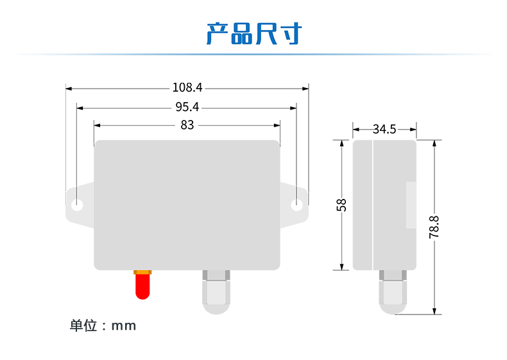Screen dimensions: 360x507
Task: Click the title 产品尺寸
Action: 253,34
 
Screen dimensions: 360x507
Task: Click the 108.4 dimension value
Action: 187,88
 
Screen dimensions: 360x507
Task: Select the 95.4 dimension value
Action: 187,107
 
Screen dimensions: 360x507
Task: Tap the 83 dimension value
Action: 187,125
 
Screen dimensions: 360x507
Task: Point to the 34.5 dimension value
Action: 384,129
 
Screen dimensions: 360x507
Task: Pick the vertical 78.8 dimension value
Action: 434,227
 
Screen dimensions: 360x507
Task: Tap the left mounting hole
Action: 78,205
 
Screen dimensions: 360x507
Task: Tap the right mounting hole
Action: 296,205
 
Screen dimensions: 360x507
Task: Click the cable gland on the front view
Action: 216,292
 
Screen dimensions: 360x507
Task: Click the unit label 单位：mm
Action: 103,326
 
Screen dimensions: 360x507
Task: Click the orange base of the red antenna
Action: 142,273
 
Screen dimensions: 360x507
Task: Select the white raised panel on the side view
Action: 411,205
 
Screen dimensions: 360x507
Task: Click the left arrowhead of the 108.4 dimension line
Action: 69,88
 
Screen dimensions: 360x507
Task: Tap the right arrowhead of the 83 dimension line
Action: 277,125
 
